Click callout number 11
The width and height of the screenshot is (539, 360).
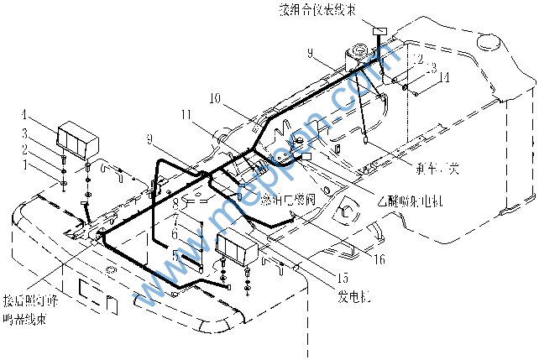pos(186,113)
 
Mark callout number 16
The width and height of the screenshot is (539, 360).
pos(379,259)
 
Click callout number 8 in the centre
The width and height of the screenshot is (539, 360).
pos(175,202)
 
